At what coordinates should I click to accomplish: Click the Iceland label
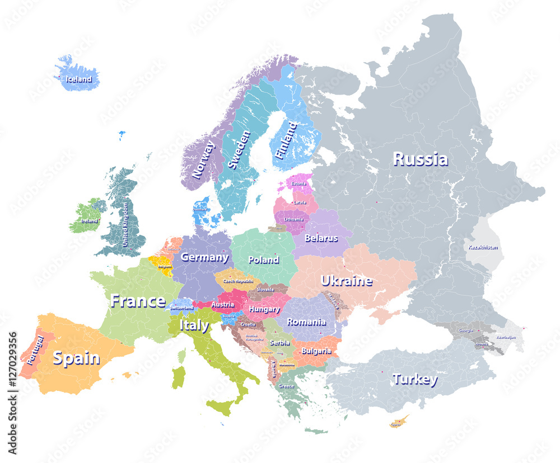[x=78, y=79]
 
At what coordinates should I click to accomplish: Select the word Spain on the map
[x=76, y=358]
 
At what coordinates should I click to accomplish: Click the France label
[x=138, y=301]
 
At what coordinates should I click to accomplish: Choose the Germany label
[x=204, y=257]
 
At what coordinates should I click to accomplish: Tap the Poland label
[x=263, y=259]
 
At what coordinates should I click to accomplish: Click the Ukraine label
[x=346, y=280]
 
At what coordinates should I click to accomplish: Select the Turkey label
[x=414, y=379]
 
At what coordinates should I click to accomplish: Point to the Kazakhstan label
[x=483, y=247]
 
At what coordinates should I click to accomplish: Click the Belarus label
[x=321, y=238]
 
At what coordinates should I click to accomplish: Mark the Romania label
[x=306, y=322]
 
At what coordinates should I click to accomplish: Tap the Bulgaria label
[x=316, y=351]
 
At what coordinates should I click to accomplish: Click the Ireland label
[x=88, y=221]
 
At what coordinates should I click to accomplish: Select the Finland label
[x=287, y=141]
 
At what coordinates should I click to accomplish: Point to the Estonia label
[x=298, y=183]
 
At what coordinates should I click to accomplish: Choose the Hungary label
[x=264, y=309]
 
